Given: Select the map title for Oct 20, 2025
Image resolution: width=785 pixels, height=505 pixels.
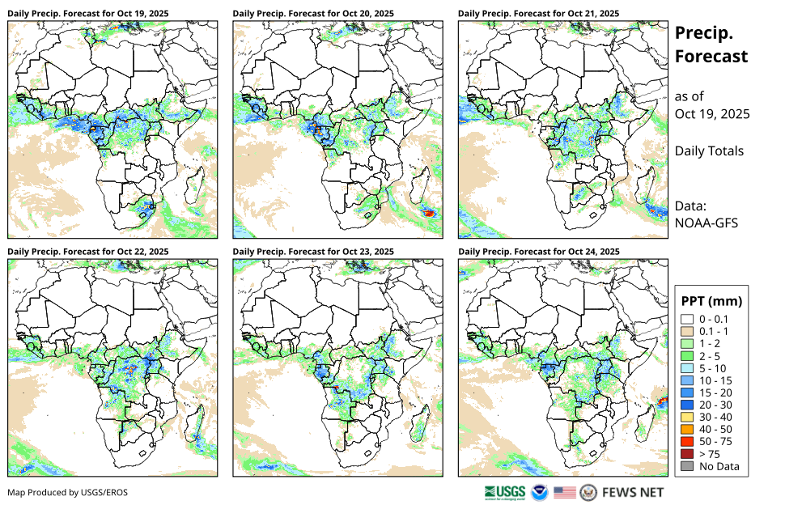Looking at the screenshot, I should click(313, 14).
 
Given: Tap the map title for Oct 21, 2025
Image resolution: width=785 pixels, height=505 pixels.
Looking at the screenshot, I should click(538, 14).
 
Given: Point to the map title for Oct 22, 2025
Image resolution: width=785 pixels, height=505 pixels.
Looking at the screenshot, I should click(88, 252).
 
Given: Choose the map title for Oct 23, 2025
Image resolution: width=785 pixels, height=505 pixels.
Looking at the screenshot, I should click(313, 252).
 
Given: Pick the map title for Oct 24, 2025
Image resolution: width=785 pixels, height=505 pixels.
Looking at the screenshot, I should click(538, 252).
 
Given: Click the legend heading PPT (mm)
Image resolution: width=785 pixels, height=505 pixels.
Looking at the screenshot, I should click(712, 301).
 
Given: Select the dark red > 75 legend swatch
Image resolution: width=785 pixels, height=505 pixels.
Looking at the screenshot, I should click(687, 453).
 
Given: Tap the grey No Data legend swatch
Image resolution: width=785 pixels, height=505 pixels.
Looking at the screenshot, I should click(687, 465).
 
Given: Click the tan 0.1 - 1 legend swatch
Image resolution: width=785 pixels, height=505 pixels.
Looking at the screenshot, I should click(687, 332).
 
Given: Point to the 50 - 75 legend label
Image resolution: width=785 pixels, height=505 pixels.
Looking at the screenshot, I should click(716, 441).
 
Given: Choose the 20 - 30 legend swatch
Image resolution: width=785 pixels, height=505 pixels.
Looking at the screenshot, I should click(687, 405).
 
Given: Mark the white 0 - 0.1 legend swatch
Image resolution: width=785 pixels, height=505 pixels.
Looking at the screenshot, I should click(687, 320).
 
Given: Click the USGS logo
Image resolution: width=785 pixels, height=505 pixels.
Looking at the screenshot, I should click(504, 492).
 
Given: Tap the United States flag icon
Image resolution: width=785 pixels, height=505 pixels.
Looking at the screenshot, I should click(565, 492).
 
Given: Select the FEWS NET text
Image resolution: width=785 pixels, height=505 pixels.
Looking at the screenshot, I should click(633, 492).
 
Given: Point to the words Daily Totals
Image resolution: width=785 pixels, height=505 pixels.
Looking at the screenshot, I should click(709, 151).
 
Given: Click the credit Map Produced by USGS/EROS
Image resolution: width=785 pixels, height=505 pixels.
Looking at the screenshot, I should click(68, 492).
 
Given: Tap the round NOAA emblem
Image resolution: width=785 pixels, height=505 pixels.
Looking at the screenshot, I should click(540, 492).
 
